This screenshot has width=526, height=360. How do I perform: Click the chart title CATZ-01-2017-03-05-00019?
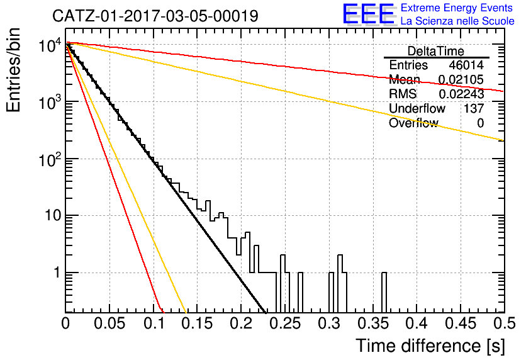pos(155,16)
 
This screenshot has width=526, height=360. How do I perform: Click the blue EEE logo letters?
pos(368,14)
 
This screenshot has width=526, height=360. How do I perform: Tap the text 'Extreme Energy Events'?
pos(457,8)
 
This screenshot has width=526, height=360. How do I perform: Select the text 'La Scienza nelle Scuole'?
pos(457,21)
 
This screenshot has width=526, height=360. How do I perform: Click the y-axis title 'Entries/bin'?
pos(13,70)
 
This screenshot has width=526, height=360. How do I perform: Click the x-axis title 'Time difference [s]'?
pos(430,346)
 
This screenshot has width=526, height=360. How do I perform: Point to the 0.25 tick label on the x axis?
pos(285,323)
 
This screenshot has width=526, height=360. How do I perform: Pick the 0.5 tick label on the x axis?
pos(505,323)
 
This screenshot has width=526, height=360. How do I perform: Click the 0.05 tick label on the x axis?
pos(109,323)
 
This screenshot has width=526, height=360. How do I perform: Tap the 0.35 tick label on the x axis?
pos(373,323)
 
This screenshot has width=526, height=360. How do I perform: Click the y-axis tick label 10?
pos(53,215)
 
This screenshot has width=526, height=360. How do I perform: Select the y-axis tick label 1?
pos(57,273)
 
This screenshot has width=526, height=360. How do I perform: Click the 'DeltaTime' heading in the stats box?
pos(436,51)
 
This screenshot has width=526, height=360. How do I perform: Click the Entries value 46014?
pos(466,65)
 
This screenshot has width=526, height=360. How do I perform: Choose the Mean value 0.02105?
pos(461,79)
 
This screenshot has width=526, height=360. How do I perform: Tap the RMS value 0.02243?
pos(461,94)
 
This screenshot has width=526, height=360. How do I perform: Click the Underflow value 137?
pos(474,108)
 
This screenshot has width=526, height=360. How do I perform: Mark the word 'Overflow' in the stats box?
pos(413,123)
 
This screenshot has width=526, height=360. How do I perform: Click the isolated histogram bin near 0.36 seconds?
pos(384,292)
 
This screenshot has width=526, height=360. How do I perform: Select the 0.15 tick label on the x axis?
pos(198,323)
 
